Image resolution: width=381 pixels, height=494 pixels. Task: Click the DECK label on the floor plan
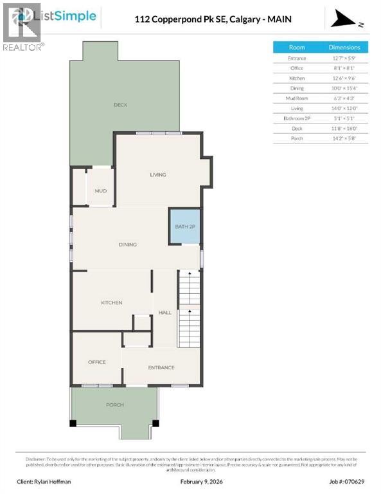120,105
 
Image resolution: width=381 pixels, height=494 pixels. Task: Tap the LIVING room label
158,174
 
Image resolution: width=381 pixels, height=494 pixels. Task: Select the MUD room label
100,191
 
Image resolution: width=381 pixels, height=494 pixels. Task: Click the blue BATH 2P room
184,226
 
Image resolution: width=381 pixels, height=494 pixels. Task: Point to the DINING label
128,244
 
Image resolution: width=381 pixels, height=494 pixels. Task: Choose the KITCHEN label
111,302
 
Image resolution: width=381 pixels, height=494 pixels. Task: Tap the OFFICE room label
97,362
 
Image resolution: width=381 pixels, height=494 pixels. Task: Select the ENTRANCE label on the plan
161,367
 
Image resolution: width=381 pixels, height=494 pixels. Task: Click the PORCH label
115,405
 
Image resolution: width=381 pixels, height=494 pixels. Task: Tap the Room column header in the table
297,47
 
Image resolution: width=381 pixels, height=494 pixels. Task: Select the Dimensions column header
344,47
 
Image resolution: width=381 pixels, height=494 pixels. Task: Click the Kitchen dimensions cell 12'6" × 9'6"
344,78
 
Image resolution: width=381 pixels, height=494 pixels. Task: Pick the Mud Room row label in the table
297,98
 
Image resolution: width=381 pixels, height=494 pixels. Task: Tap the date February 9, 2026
191,481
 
